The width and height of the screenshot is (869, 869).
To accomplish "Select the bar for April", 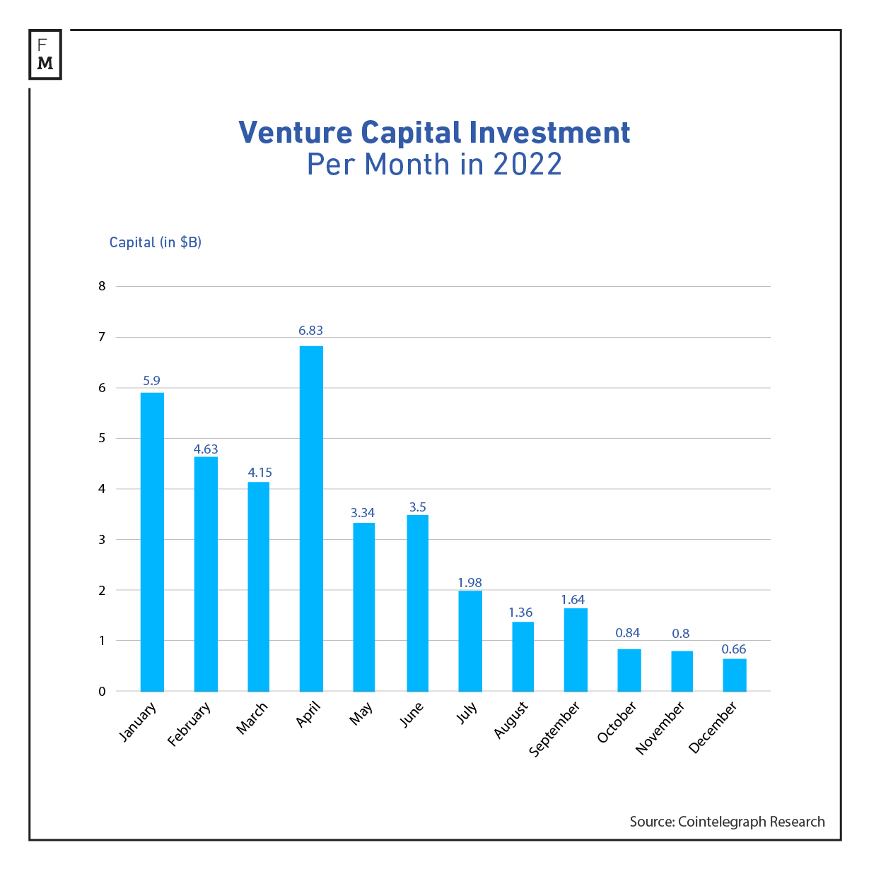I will pos(311,519).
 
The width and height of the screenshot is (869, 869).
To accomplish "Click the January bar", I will pos(152,542).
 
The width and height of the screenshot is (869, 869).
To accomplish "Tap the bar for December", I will pos(734,675).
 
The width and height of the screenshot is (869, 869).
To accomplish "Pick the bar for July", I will pos(470,641).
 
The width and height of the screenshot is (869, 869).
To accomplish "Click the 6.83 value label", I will pos(310,330).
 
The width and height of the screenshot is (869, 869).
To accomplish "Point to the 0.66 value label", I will pos(733,649).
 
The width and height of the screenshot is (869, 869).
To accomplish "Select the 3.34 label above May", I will pos(363,512).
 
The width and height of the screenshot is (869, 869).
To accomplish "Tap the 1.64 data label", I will pos(573,599).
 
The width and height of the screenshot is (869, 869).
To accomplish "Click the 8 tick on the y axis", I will pos(103,286).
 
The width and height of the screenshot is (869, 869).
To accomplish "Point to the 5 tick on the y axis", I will pos(103,438).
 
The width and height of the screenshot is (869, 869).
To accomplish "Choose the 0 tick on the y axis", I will pos(103,691).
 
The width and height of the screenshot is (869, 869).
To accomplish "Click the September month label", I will pos(555,728).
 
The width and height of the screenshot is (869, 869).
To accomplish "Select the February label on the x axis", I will pos(189,724).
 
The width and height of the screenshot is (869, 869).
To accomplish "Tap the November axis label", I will pos(660,728).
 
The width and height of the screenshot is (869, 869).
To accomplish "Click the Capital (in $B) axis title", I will pos(155,242).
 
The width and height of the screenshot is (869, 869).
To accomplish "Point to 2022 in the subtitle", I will pos(527,165).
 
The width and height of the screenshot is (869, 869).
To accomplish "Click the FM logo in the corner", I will pos(45,54).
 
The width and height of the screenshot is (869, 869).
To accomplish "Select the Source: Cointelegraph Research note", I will pos(727,822).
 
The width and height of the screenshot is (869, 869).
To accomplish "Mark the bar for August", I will pos(523,656).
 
